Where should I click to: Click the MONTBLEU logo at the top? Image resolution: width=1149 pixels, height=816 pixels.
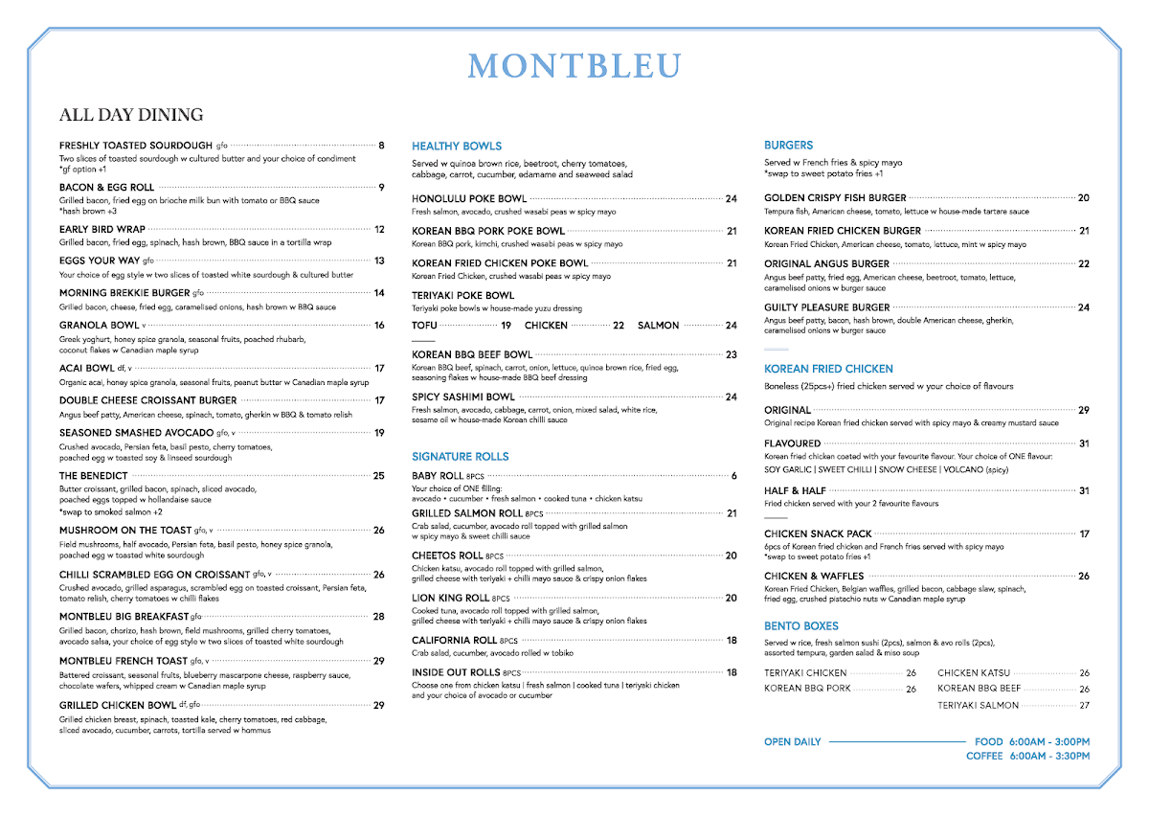point(574,66)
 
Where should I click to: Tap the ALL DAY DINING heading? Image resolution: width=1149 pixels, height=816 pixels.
point(131,115)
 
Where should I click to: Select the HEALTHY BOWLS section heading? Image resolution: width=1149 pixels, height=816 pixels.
point(457,147)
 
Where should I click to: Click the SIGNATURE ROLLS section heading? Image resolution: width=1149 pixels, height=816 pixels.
point(461,457)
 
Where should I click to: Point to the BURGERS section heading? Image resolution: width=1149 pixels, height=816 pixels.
point(788,146)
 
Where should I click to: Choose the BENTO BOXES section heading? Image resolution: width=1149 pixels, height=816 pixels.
point(801,625)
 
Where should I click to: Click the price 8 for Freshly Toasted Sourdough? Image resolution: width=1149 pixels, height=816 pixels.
point(381,146)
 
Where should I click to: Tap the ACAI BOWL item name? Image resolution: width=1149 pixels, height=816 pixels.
point(86,368)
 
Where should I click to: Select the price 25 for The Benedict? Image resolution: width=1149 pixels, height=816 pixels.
point(379,476)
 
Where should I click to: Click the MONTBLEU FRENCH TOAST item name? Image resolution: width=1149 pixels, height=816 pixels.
point(123,661)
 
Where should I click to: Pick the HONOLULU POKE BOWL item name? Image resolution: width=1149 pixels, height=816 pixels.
point(469,199)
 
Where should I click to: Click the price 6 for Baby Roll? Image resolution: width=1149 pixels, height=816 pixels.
point(733,476)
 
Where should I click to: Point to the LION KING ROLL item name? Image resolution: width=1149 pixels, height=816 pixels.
point(450,599)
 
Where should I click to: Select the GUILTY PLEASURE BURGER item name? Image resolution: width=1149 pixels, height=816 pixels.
point(826,307)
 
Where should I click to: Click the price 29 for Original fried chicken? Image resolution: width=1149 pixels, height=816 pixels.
point(1084,410)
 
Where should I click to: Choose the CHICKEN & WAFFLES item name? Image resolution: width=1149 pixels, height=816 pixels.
point(814,577)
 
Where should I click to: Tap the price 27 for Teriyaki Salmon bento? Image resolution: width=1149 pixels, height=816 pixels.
point(1084,706)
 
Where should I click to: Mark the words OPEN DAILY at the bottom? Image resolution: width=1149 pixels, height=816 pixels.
point(793,742)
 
